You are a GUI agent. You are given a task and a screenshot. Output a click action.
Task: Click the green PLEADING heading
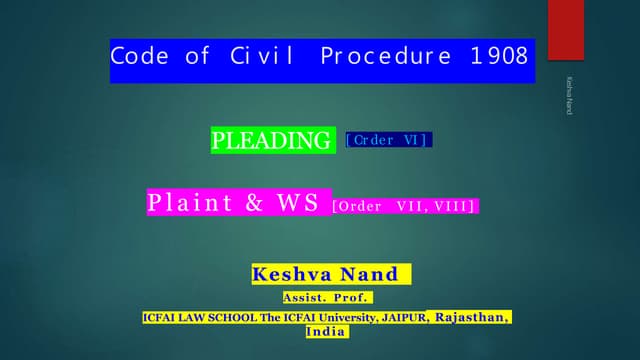click(x=272, y=140)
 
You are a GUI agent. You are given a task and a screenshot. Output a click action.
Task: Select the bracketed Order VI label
click(x=388, y=141)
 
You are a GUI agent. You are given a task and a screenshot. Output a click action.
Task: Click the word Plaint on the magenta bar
click(x=190, y=203)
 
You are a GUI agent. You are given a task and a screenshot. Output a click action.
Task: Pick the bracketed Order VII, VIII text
click(x=404, y=206)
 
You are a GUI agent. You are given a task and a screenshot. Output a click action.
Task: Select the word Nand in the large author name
click(x=373, y=274)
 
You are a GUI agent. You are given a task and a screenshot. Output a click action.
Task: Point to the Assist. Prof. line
click(x=327, y=297)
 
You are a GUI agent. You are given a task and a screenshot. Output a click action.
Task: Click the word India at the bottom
click(x=327, y=331)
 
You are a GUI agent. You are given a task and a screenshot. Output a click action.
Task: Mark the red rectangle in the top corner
click(x=568, y=30)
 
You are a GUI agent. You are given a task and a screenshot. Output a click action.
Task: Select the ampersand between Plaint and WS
click(x=254, y=203)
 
